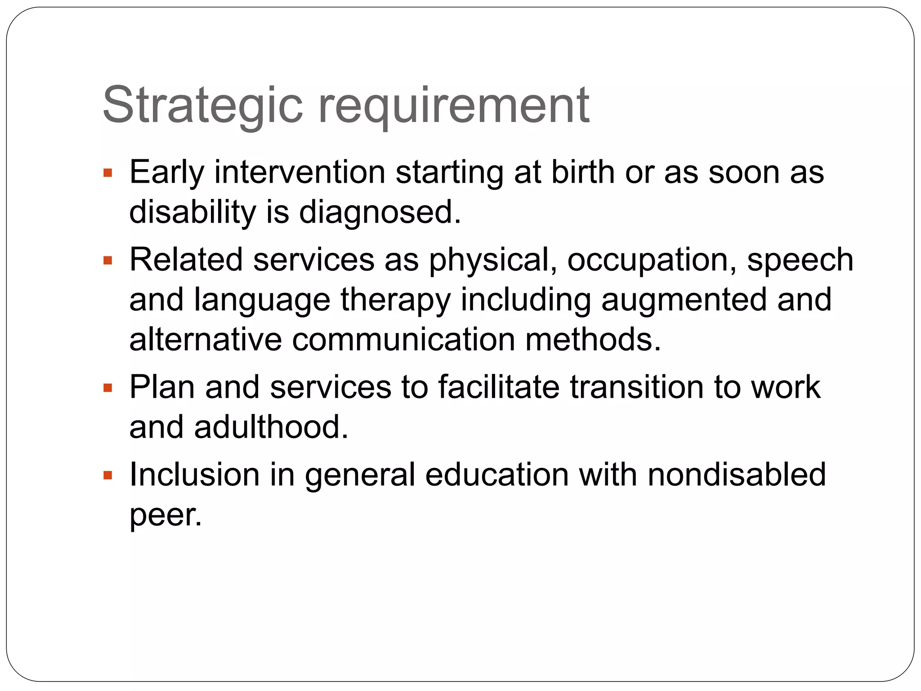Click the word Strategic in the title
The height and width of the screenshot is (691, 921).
(x=202, y=106)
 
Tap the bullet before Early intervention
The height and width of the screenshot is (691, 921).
(x=107, y=173)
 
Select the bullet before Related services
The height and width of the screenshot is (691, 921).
(x=107, y=261)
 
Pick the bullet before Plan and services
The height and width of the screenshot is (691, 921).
(x=107, y=388)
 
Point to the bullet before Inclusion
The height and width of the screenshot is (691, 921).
(x=107, y=476)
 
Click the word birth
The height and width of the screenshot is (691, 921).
(x=583, y=172)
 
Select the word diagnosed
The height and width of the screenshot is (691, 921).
(x=380, y=212)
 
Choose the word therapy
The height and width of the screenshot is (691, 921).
(x=395, y=301)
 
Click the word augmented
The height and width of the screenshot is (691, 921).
(x=684, y=301)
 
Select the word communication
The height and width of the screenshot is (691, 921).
(x=403, y=340)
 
